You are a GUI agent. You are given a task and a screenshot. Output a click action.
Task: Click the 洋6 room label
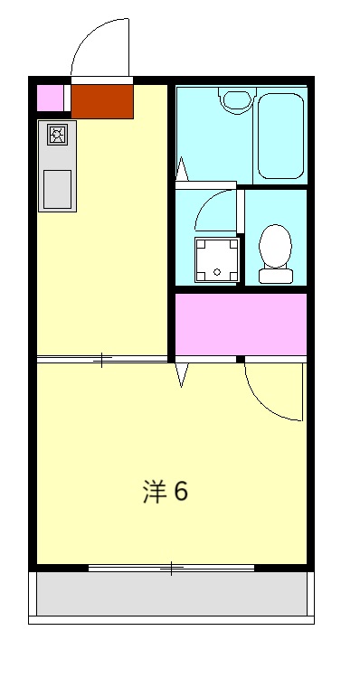point(165,492)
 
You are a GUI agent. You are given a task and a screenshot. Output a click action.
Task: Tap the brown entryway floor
point(102,101)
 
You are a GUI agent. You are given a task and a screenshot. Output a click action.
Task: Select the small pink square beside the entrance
point(51,97)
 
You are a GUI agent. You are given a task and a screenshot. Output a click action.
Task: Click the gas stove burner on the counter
point(57,136)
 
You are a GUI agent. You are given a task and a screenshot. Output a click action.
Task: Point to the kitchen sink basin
point(57,188)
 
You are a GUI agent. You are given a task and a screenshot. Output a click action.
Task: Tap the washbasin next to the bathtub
point(237,99)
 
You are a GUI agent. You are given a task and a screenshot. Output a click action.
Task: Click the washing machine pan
point(217,259)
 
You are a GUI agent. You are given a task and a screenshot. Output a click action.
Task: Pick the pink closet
point(241,324)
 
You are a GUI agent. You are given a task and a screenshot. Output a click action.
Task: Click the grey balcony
point(171,594)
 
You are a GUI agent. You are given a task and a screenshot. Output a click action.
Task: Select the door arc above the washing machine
point(212,208)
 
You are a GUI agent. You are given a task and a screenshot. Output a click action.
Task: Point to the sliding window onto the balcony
point(171,569)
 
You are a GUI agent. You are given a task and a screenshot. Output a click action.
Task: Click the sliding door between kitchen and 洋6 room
point(103,360)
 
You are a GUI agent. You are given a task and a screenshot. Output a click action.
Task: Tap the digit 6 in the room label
point(180,492)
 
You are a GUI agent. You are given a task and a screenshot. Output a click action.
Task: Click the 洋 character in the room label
point(153,492)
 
